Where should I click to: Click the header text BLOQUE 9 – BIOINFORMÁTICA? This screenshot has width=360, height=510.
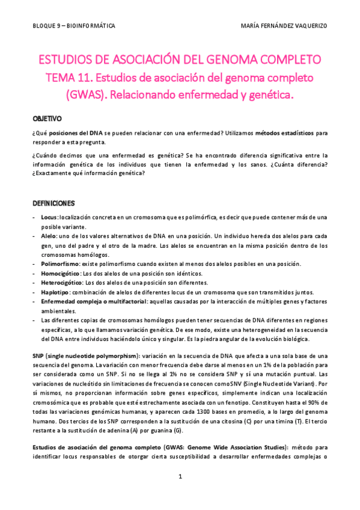[74, 26]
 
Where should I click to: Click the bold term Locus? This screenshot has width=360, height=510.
[49, 217]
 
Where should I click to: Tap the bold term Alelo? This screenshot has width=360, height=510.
[49, 236]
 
